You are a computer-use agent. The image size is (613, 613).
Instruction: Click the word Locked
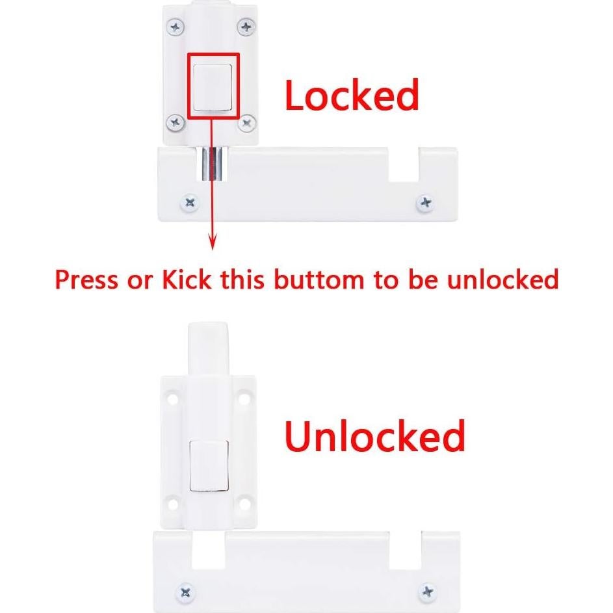click(x=352, y=96)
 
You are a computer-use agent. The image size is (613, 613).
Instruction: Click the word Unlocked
click(x=375, y=437)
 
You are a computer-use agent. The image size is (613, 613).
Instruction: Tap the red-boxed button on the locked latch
click(x=214, y=86)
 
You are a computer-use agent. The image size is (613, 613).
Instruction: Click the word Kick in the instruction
click(x=186, y=280)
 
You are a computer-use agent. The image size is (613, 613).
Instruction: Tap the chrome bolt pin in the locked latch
click(x=211, y=164)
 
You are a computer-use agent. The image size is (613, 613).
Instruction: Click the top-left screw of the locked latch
click(x=175, y=27)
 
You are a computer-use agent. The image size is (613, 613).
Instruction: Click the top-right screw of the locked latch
click(x=246, y=27)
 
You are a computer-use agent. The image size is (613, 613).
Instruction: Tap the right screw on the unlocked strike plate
click(x=427, y=591)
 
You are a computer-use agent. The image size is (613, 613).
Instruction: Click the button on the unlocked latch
click(x=208, y=465)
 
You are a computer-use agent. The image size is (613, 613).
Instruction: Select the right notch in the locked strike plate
click(x=404, y=165)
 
